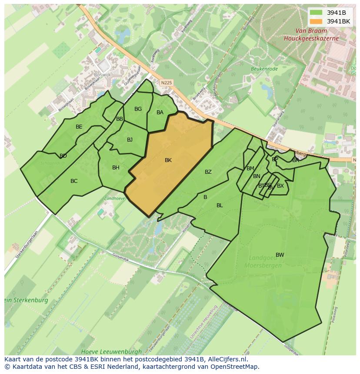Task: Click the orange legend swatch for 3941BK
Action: tap(316, 21)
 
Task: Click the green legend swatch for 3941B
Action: tap(316, 13)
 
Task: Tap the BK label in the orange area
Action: tap(168, 160)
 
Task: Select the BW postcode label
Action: tap(280, 255)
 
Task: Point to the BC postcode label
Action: tap(74, 181)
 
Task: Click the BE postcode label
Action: tap(79, 127)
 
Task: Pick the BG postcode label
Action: tap(138, 109)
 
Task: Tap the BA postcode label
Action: tap(160, 113)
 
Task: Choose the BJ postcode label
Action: tap(130, 140)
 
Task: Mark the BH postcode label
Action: tap(116, 168)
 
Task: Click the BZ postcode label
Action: tap(208, 172)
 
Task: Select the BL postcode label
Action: tap(220, 205)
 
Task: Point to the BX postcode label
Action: tap(280, 186)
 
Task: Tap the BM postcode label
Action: tap(250, 169)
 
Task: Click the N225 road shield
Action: tap(166, 82)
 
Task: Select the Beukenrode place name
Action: tap(264, 68)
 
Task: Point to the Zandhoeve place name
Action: tap(114, 198)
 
